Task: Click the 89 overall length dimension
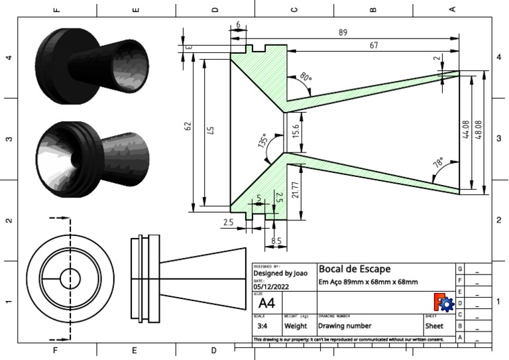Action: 342,32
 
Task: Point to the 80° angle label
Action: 306,78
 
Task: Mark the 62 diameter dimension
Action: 188,125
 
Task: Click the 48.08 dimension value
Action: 478,130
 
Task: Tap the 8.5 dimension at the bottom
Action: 276,241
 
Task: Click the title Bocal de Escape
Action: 355,269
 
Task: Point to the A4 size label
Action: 266,304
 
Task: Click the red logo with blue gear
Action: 443,303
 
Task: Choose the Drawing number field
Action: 344,326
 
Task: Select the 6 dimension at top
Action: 238,25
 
